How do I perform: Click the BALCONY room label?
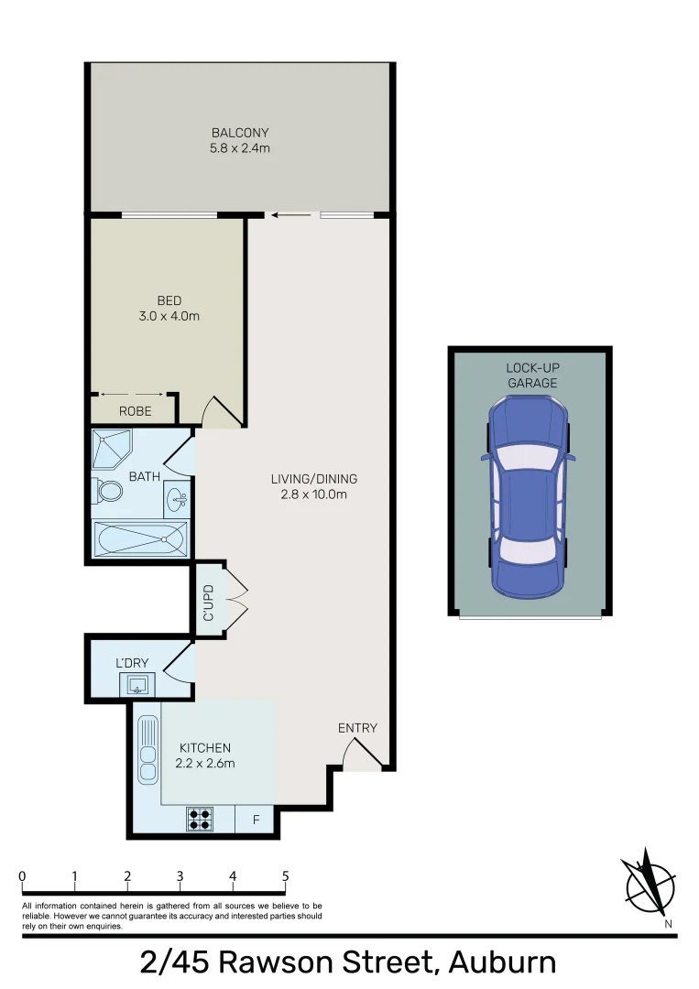(240, 133)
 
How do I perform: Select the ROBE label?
(135, 411)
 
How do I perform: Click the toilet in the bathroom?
(108, 492)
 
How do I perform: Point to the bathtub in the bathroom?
(141, 539)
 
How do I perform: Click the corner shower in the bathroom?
(113, 449)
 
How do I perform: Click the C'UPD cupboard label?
(209, 603)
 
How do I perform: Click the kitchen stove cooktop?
(200, 818)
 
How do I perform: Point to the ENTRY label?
(357, 728)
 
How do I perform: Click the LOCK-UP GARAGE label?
(532, 375)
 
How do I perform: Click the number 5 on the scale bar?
(286, 876)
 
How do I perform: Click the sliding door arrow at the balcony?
(292, 216)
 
